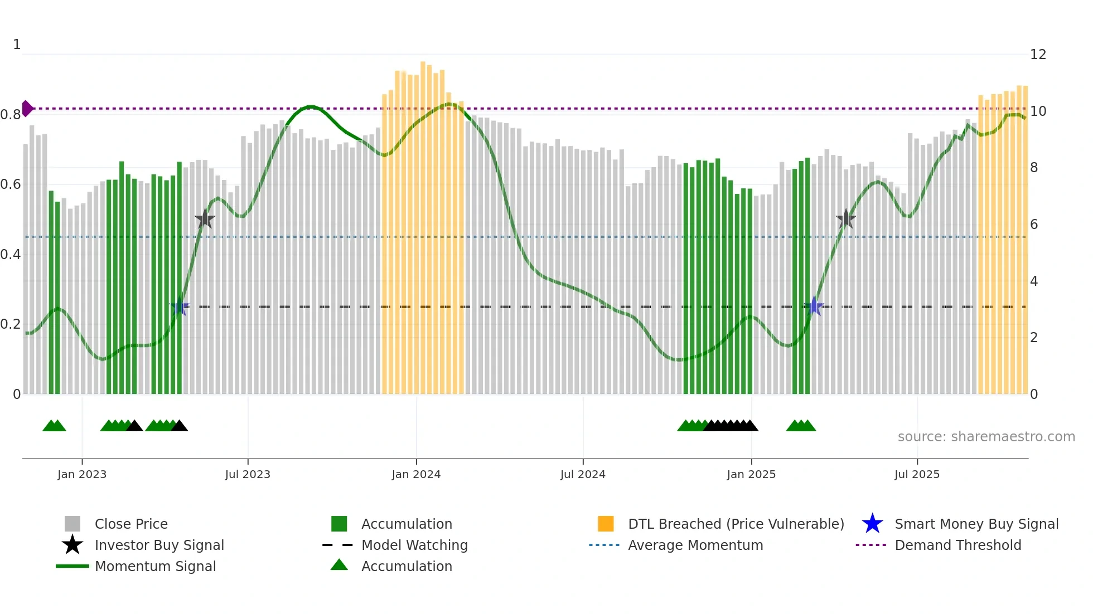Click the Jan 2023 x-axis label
[81, 474]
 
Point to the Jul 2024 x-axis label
[583, 474]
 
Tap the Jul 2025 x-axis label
[917, 474]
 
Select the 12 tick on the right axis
[1038, 55]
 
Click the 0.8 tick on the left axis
[11, 115]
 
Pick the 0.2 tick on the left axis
[11, 324]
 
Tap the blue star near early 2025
[815, 306]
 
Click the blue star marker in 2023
[180, 306]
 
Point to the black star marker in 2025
[846, 219]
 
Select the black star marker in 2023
[205, 219]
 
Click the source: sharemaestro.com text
[986, 437]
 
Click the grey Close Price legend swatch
[72, 524]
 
